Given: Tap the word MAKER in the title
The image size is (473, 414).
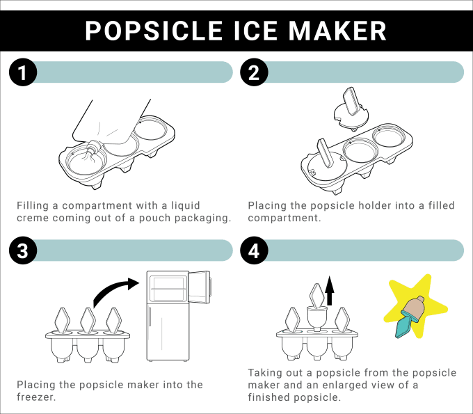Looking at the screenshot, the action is click(x=337, y=31).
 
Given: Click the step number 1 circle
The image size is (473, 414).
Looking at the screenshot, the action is click(x=23, y=72).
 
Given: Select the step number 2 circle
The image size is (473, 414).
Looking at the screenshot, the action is click(x=254, y=72).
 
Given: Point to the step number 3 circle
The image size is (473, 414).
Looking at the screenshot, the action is click(x=23, y=250).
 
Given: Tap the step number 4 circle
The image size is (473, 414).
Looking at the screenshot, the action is click(x=254, y=250).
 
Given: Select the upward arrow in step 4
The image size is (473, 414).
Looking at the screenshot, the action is click(x=330, y=290).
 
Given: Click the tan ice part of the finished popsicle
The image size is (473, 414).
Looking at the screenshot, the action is click(x=414, y=309).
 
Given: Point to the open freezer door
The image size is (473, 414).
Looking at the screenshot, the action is click(x=200, y=287).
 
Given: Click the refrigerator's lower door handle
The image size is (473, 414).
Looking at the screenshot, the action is click(x=150, y=316).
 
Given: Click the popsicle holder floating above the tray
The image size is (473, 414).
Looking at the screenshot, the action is click(x=351, y=109).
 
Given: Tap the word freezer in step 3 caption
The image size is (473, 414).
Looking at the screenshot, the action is click(x=36, y=397).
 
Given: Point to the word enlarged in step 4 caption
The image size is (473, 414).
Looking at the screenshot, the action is click(x=345, y=385).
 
